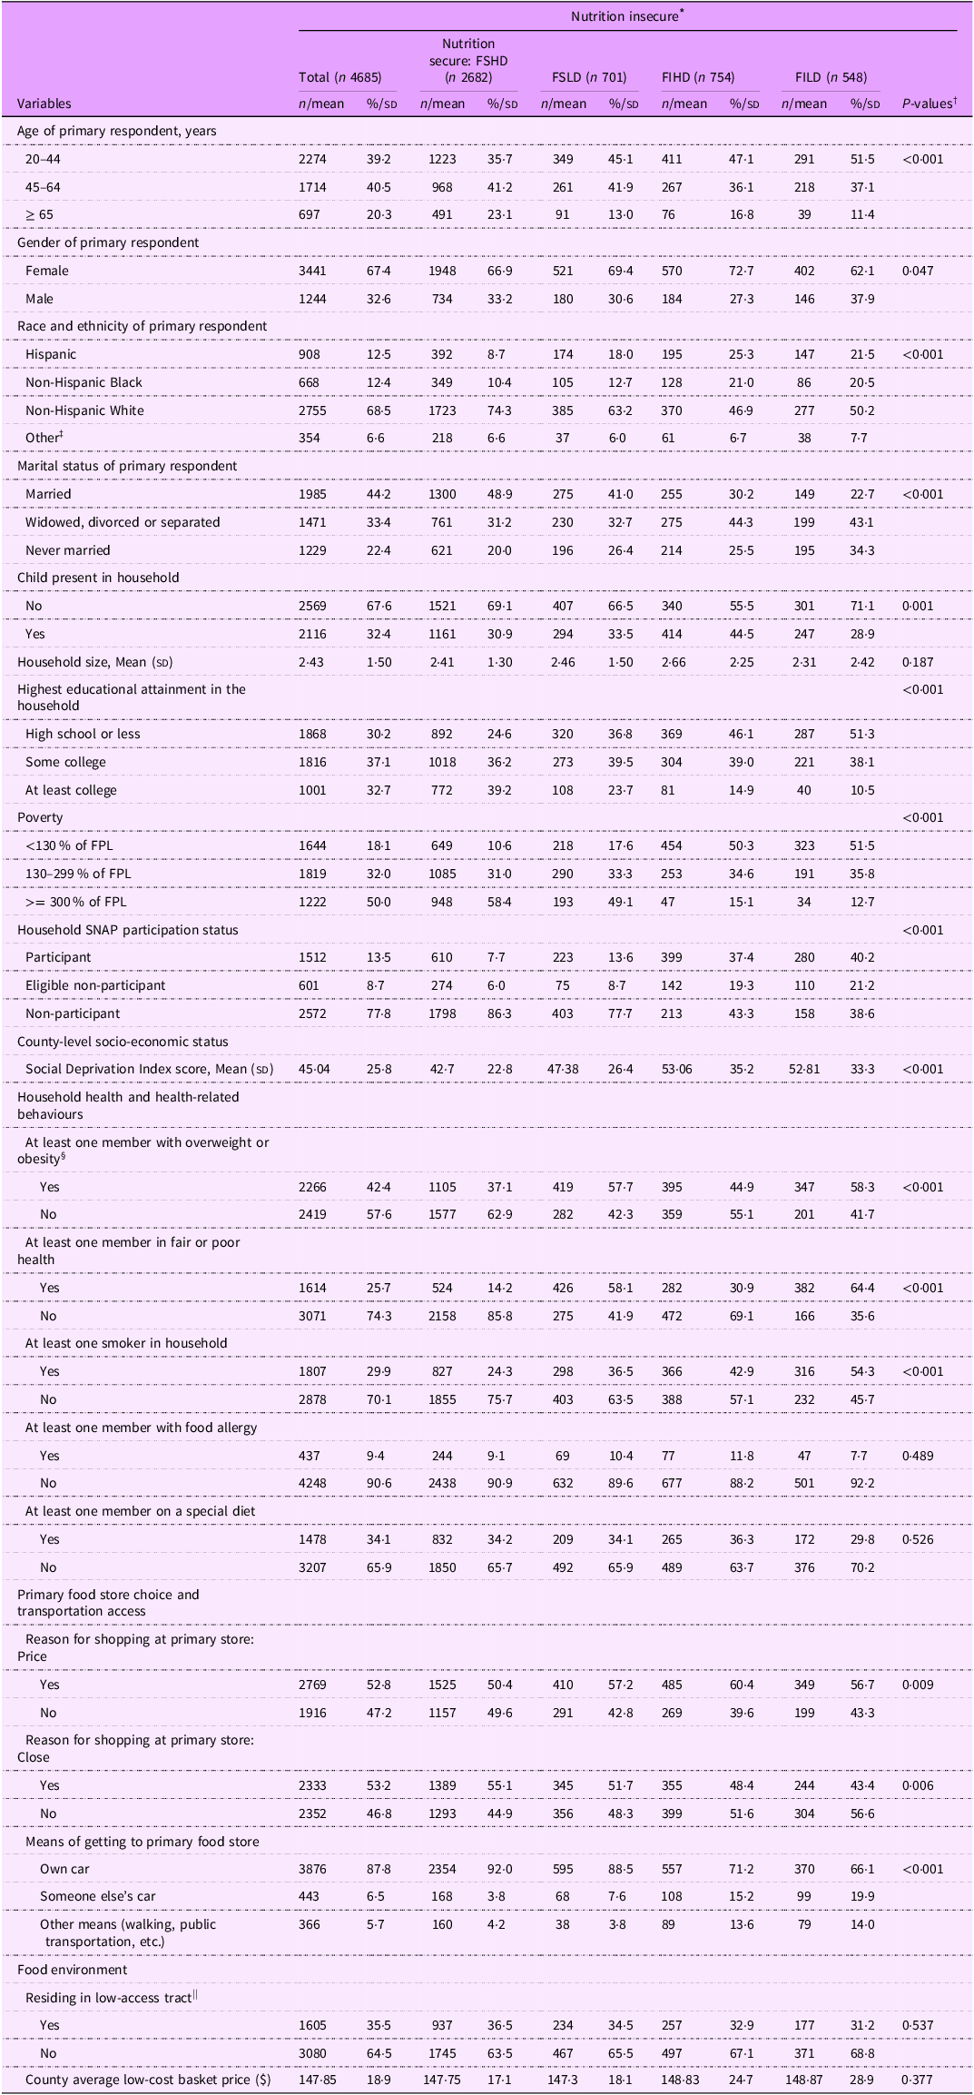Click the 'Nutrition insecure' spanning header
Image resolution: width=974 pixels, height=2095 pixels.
point(626,16)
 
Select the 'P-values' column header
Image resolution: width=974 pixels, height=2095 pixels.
point(927,104)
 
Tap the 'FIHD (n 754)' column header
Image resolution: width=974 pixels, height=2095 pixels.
point(698,77)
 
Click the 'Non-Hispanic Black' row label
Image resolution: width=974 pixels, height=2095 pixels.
point(84,382)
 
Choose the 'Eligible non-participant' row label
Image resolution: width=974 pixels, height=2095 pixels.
point(95,985)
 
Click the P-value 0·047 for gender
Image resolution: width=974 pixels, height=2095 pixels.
point(922,271)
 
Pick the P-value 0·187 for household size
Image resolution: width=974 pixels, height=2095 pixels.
point(922,662)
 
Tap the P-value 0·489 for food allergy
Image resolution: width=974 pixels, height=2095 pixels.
point(922,1456)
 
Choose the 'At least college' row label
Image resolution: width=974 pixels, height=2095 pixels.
point(71,790)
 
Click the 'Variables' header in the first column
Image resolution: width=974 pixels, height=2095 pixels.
point(44,104)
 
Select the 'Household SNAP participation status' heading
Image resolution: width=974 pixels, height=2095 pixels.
point(128,930)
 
